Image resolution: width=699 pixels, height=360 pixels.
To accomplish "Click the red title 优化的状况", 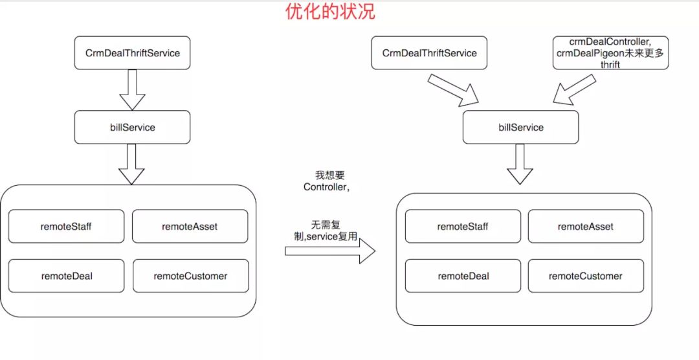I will pos(330,12).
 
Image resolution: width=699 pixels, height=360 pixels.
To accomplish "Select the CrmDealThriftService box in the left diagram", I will pos(133,52).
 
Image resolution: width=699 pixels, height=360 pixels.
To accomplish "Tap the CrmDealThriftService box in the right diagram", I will pos(430,52).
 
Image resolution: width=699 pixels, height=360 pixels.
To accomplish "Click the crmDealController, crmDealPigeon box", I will pos(610,52).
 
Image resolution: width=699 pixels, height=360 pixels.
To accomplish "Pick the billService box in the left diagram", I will pos(133,127).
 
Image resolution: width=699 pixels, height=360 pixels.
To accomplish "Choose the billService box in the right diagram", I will pos(521,127).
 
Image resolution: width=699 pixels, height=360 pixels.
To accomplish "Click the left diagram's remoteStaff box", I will pos(66,226).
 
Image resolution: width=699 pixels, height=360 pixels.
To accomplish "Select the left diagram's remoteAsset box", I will pos(190,226).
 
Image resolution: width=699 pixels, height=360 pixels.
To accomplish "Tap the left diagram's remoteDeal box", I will pos(66,276).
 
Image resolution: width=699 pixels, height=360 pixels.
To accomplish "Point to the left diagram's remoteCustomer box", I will pos(190,276).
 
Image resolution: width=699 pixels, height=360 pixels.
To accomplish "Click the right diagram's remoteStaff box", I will pos(462,226).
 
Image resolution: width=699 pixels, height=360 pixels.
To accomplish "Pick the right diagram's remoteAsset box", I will pos(586,226).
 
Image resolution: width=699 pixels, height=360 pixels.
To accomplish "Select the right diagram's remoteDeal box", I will pos(463,276).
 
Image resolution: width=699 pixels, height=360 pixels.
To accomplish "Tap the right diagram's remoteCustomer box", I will pos(586,276).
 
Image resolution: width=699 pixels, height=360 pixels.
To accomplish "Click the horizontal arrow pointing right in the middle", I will pos(330,251).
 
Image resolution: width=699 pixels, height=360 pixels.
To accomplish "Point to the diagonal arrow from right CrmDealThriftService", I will pos(453,89).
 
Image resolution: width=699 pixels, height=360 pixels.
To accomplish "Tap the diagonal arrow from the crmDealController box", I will pos(574,89).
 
